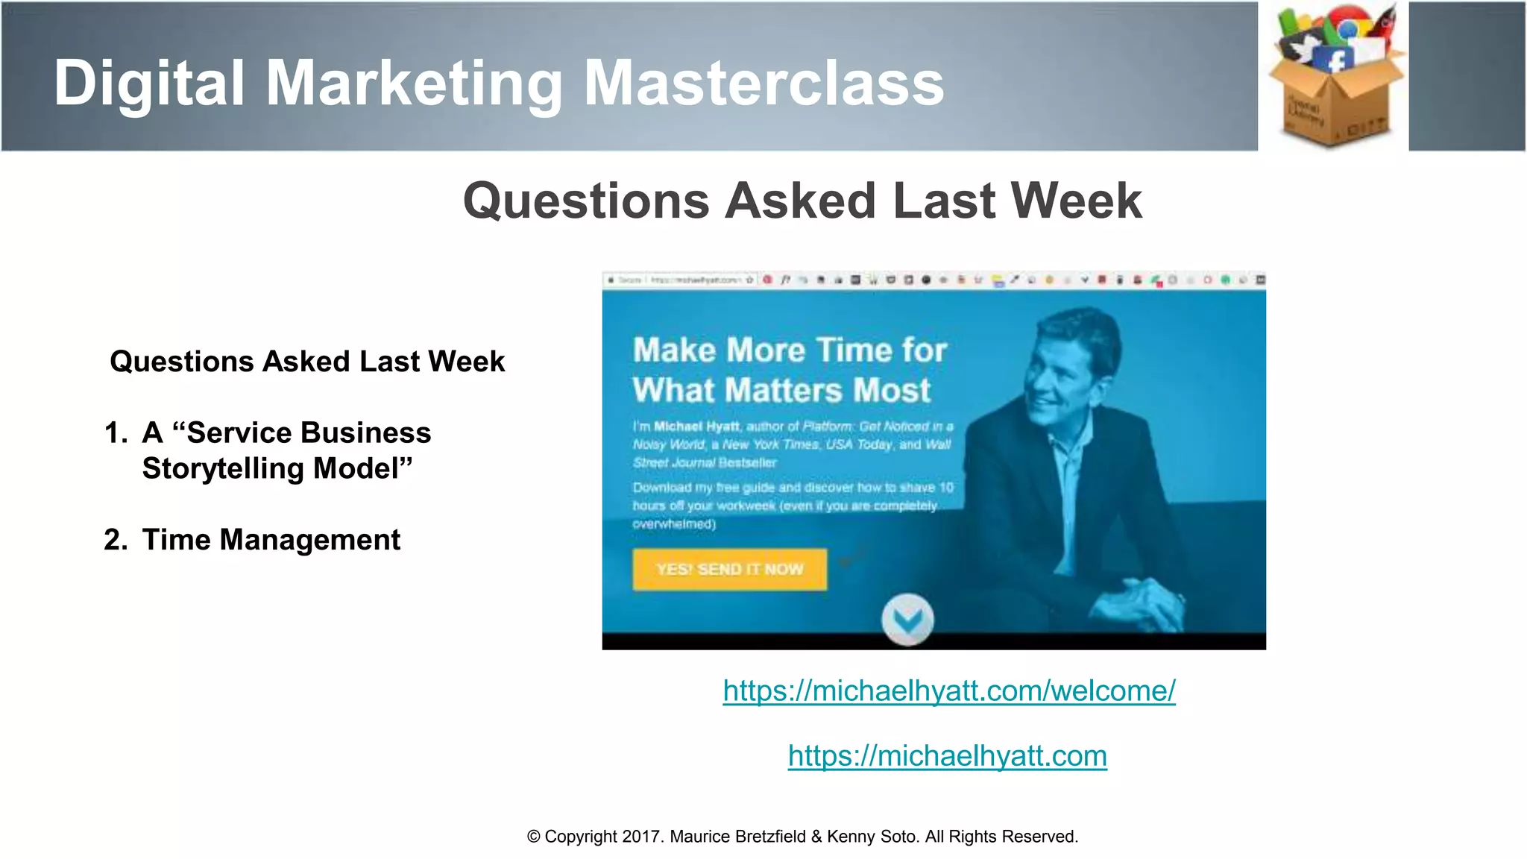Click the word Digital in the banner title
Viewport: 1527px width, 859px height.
tap(149, 84)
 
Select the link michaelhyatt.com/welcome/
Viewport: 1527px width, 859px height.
tap(949, 690)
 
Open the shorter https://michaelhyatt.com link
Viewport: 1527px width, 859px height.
tap(947, 756)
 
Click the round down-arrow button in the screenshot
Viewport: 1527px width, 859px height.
tap(907, 619)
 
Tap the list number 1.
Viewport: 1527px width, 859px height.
tap(115, 433)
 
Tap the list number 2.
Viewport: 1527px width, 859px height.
tap(115, 540)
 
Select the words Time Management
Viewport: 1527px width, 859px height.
tap(271, 540)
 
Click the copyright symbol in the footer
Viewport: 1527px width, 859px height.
tap(533, 837)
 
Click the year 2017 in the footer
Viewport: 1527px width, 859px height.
tap(640, 837)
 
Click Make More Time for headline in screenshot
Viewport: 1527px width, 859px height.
tap(790, 350)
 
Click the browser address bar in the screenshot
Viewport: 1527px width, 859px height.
tap(693, 280)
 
